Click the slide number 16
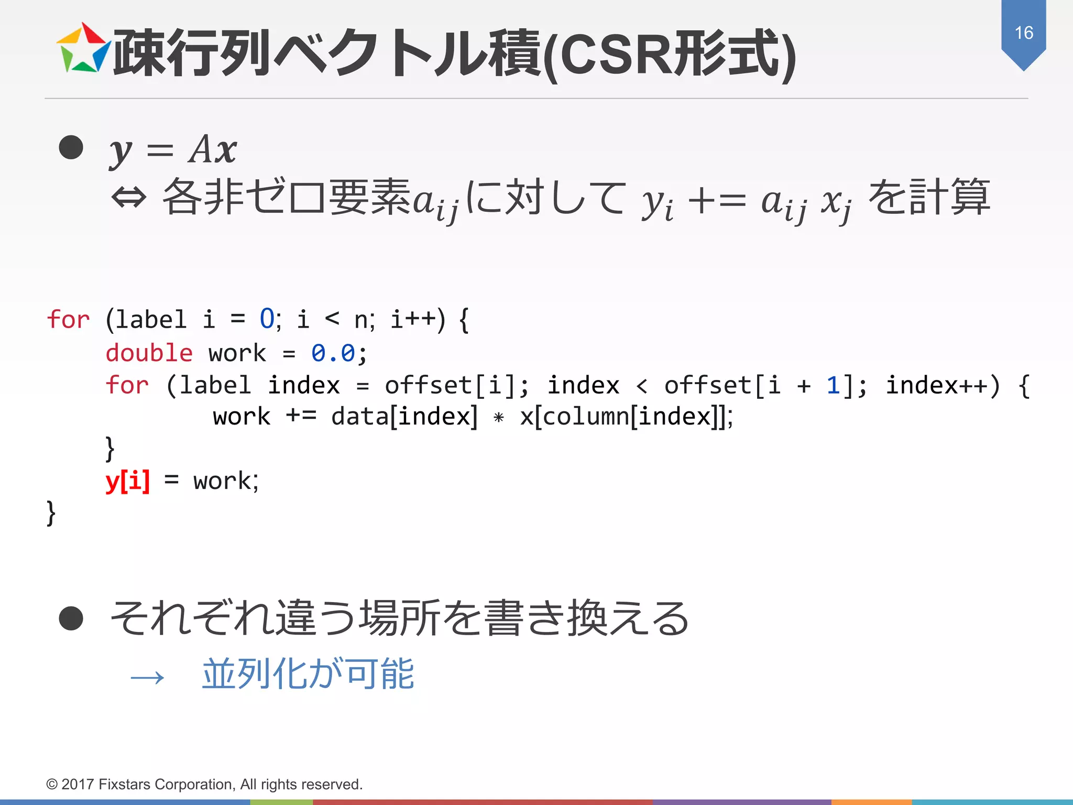[x=1023, y=33]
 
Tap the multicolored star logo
[x=84, y=48]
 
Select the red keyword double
[x=149, y=353]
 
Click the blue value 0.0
[x=333, y=353]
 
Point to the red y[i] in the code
[x=127, y=481]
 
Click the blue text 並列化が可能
[x=308, y=674]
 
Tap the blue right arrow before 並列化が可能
[x=147, y=678]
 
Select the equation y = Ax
[x=173, y=150]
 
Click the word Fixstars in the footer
[x=124, y=785]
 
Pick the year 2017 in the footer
[x=78, y=785]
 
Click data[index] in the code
[x=404, y=417]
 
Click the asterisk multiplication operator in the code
[x=498, y=418]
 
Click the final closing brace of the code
[x=51, y=513]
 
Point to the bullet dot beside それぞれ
[x=71, y=618]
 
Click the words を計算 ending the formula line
[x=929, y=198]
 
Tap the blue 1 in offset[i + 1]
[x=833, y=386]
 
